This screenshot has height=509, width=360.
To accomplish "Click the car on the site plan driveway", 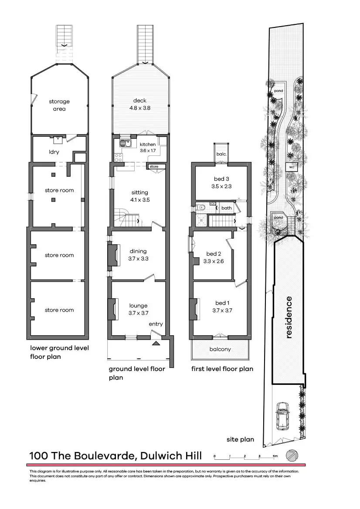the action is pos(282,415).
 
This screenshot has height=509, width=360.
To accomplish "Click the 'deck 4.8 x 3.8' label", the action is pos(139,104).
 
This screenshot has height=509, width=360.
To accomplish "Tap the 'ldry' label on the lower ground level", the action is pos(54,152).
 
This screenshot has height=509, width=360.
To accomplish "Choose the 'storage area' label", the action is pos(59,105).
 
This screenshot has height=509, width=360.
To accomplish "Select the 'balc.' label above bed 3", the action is pos(221,154).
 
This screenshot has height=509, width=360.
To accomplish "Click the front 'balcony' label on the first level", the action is pos(220,349).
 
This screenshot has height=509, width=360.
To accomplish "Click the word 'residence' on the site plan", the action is pos(288,317).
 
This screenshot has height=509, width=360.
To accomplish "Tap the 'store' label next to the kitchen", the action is pos(154,166).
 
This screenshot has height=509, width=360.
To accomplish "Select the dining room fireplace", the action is pos(112,255).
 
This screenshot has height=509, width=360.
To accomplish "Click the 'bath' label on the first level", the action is pos(226,208).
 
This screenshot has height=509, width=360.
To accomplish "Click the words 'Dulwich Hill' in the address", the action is pos(172,456).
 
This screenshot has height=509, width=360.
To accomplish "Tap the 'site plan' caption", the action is pos(240,439).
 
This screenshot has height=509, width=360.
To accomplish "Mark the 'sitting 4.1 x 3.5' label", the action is pos(139,196).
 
